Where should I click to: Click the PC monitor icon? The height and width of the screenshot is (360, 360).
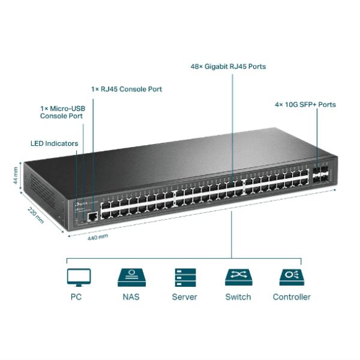point(79,277)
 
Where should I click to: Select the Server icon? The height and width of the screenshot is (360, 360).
point(184,277)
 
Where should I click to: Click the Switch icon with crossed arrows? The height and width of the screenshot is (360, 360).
point(238,277)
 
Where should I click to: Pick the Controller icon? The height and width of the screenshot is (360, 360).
point(292,277)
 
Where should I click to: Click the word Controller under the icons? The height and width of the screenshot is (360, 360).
point(292,296)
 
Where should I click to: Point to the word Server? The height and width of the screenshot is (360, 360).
point(184,296)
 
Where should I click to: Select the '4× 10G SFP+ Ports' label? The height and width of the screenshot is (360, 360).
point(305,104)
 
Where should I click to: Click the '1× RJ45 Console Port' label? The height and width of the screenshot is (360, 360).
point(127,89)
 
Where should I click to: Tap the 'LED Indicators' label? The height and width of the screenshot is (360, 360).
point(54,143)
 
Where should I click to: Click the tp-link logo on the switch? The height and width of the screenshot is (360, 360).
point(78,206)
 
